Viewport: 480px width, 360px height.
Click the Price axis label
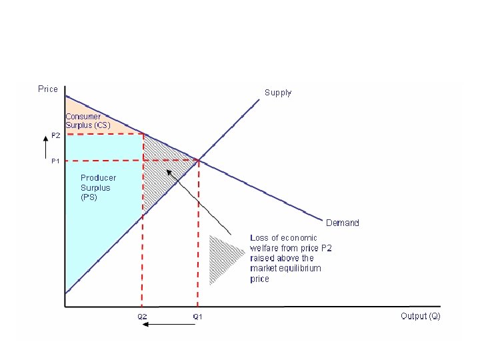coord(48,89)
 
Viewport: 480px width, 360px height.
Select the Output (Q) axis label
coord(421,315)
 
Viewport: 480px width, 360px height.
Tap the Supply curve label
coord(278,93)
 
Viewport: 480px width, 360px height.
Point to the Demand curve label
coord(342,223)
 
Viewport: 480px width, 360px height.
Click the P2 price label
coord(55,135)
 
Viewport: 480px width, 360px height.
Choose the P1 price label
coord(55,161)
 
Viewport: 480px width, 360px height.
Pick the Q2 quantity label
coord(142,316)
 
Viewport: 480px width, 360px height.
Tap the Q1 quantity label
coord(197,316)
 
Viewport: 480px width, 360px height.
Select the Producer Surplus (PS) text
coord(98,187)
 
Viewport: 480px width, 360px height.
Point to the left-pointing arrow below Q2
coord(170,325)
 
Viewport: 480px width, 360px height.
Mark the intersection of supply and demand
coord(198,160)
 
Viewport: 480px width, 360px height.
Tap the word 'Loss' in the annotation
coord(259,238)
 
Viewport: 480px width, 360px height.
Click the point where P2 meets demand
coord(143,134)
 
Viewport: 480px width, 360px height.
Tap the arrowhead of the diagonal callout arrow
coord(168,171)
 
